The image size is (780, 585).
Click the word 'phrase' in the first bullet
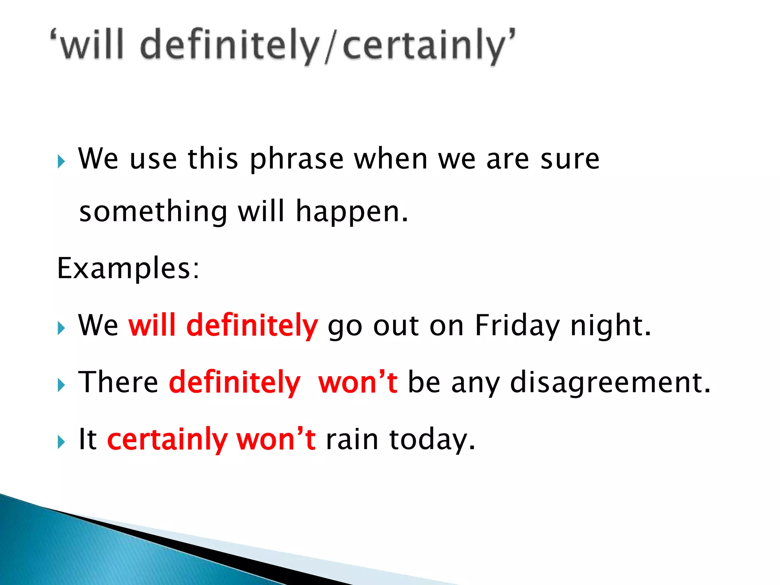click(297, 159)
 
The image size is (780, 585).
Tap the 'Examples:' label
click(128, 268)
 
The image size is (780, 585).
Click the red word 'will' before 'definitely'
click(152, 325)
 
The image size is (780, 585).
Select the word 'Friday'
click(517, 326)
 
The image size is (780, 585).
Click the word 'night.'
click(611, 326)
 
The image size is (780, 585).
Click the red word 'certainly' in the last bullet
click(167, 440)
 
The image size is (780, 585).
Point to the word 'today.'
click(432, 440)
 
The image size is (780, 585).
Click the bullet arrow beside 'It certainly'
click(61, 442)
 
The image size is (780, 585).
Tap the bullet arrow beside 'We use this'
click(61, 161)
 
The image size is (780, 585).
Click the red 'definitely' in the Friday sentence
click(252, 325)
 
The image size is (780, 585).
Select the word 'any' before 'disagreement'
click(475, 383)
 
